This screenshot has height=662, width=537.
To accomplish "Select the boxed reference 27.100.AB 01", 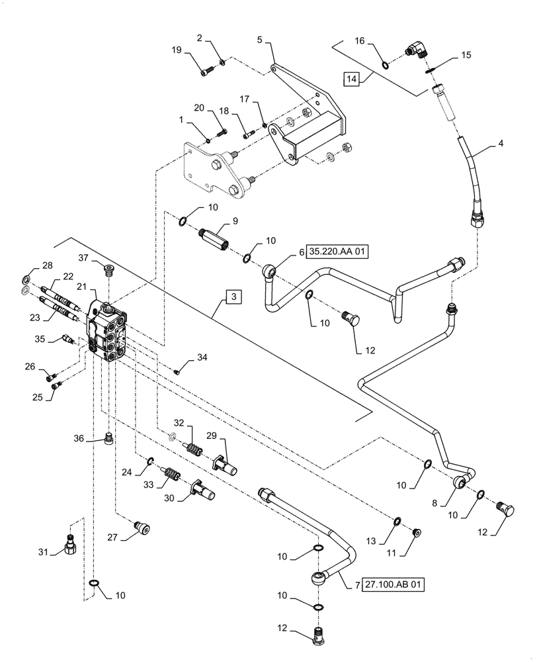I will click(x=393, y=585).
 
